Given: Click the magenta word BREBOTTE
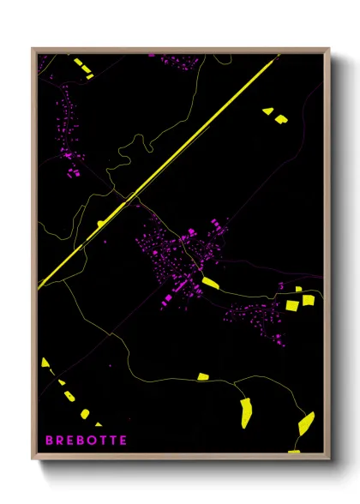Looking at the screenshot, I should (x=86, y=440).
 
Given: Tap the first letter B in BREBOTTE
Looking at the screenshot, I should (x=49, y=440).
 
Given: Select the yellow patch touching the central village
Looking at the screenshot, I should (x=210, y=282).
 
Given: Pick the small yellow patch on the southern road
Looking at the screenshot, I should (x=203, y=376).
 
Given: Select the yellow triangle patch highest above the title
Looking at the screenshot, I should (x=45, y=362).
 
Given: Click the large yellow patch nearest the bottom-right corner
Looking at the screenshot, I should (x=305, y=423).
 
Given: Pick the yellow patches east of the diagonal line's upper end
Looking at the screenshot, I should (x=275, y=114).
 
